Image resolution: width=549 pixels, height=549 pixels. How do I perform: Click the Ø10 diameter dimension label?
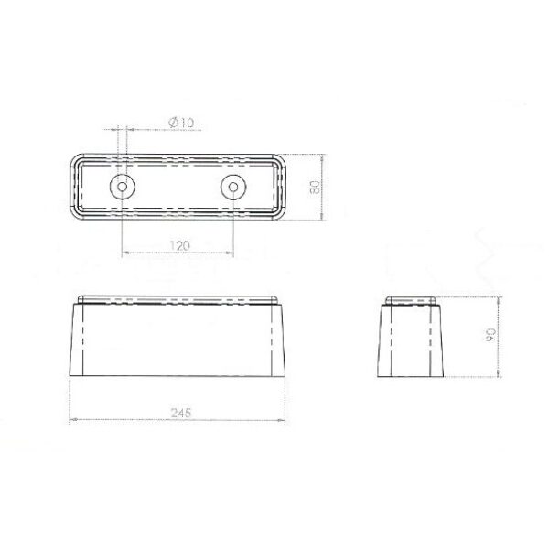(x=181, y=123)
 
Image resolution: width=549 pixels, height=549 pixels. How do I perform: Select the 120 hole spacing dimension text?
(x=179, y=245)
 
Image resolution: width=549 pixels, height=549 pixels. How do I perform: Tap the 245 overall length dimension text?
(x=180, y=414)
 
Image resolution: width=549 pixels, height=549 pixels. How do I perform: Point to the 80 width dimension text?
(x=315, y=188)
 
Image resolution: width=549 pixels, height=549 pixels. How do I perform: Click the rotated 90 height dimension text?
(x=490, y=335)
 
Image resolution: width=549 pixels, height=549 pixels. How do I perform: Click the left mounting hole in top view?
(x=123, y=187)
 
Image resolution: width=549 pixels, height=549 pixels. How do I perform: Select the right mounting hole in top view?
(x=233, y=187)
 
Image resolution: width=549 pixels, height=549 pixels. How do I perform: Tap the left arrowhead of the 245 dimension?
(x=73, y=419)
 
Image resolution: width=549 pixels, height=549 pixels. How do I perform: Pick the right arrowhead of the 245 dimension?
(x=282, y=419)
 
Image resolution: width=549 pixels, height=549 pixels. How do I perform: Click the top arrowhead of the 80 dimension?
(x=322, y=156)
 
